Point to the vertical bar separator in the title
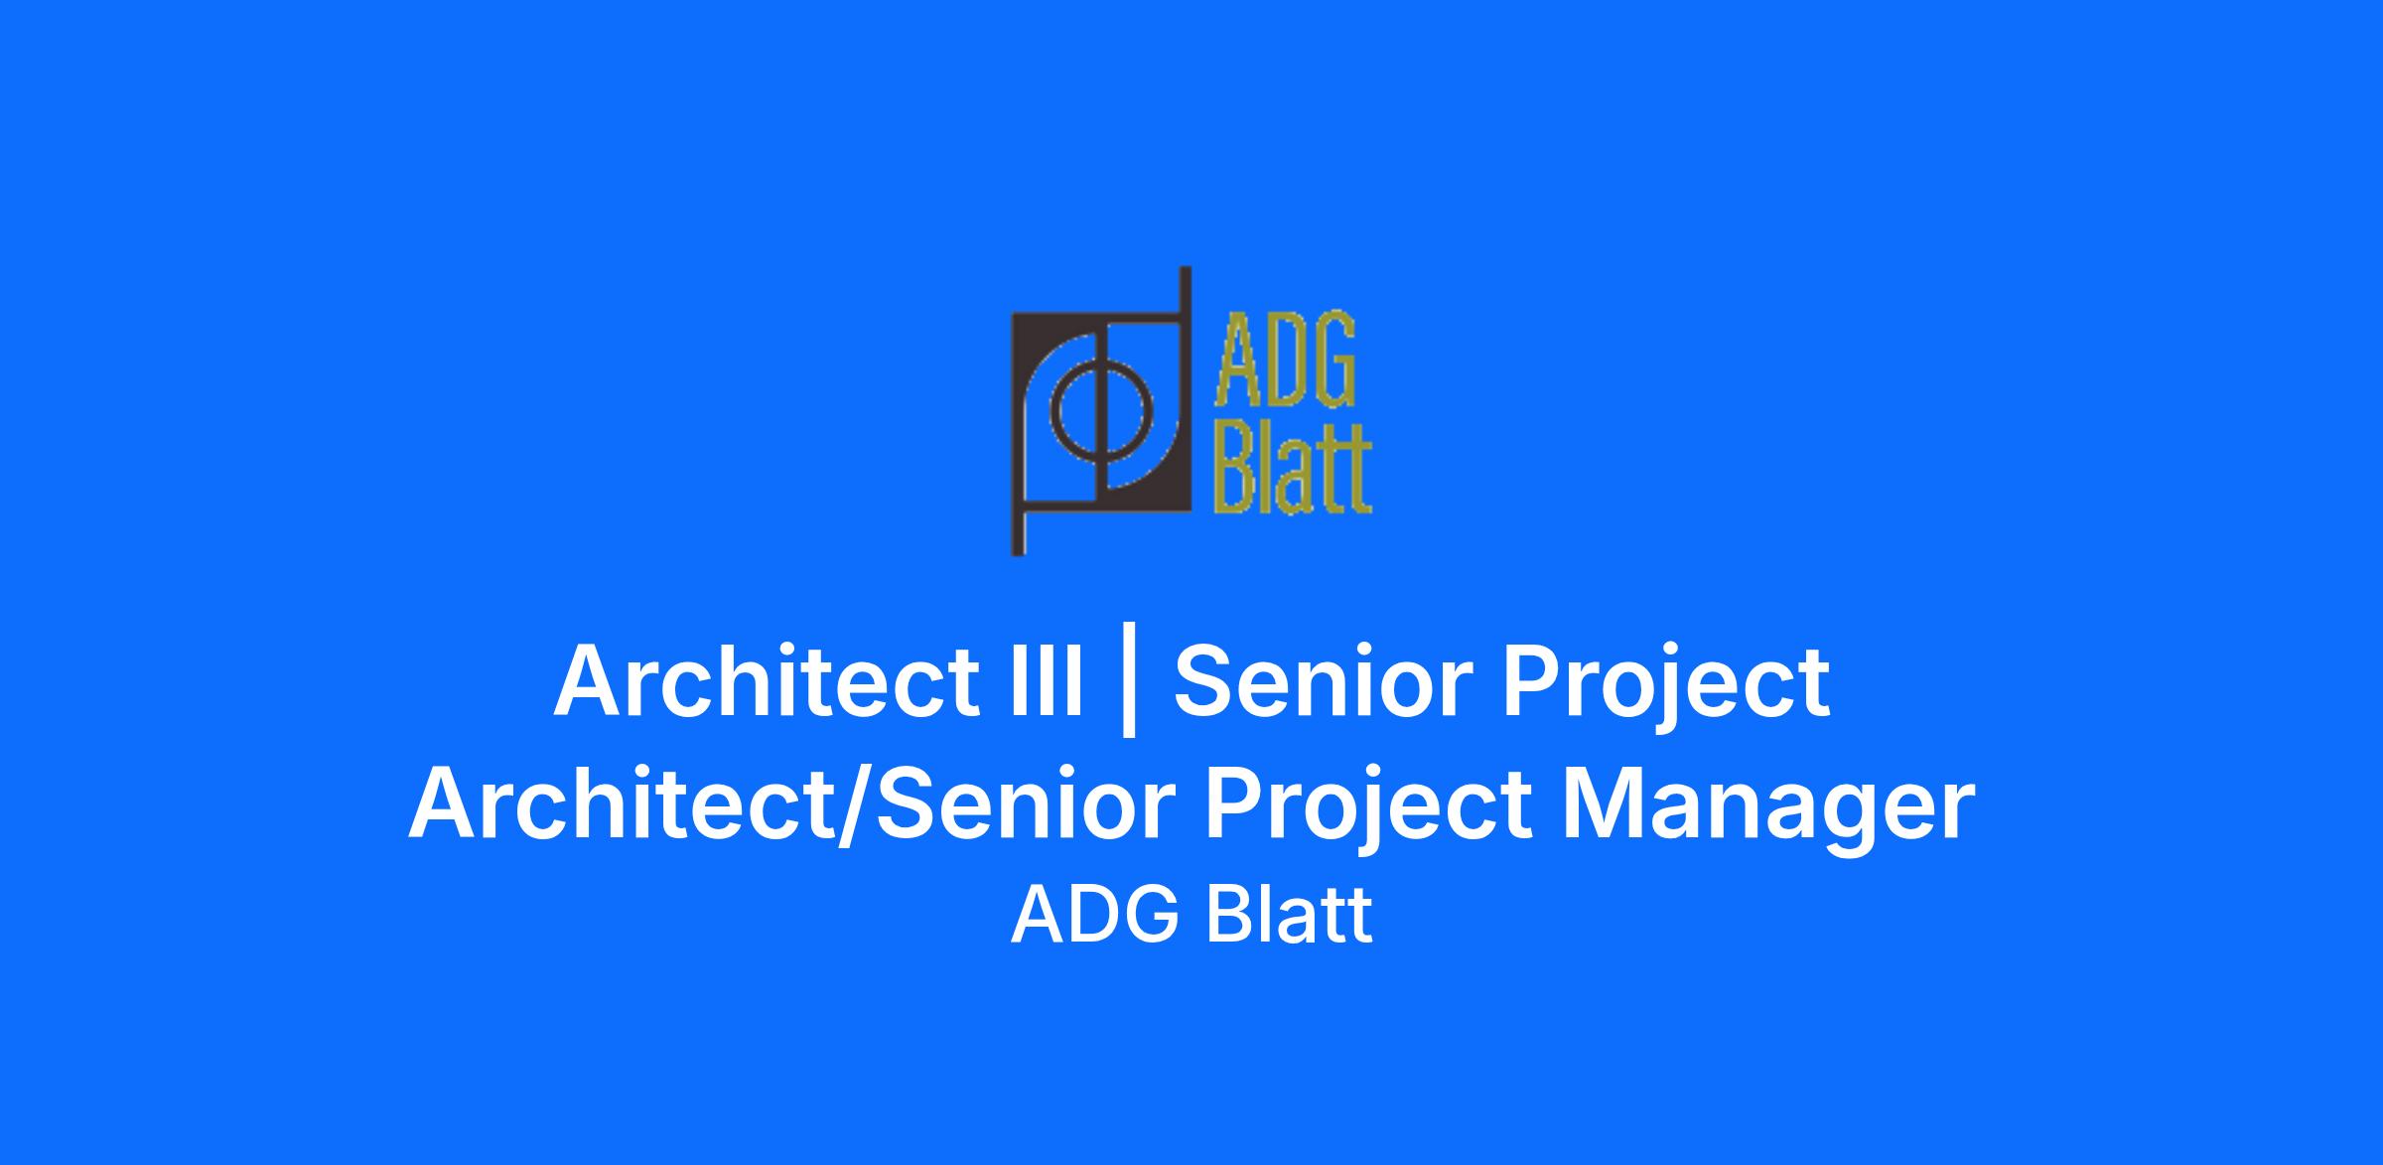(x=1128, y=686)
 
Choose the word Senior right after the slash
(x=1027, y=805)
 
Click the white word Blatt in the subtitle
(x=1289, y=915)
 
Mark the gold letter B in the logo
(x=1240, y=468)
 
